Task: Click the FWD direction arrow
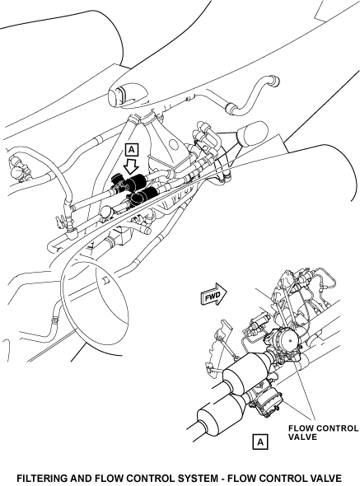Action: (x=213, y=294)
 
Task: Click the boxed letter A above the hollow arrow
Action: (x=132, y=150)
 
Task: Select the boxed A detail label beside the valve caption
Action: (x=259, y=442)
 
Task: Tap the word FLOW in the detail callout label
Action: (x=300, y=428)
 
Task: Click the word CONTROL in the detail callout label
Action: (x=336, y=428)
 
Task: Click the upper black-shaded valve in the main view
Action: (x=130, y=181)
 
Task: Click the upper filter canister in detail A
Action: (x=245, y=371)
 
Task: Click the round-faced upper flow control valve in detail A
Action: (x=285, y=341)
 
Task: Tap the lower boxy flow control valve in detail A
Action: (x=267, y=401)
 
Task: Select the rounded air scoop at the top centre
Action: (x=128, y=95)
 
